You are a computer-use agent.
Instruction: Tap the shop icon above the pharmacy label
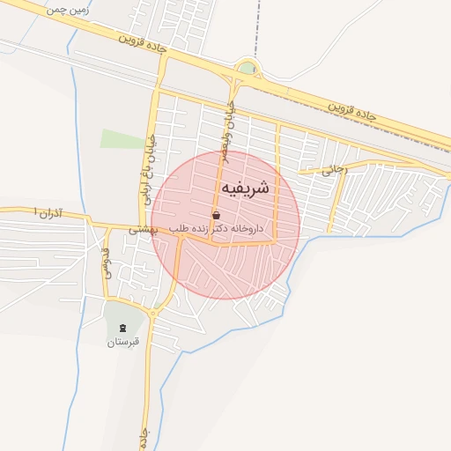point(217,215)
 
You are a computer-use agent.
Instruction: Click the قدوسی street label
point(106,262)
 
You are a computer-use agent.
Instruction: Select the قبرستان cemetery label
point(123,342)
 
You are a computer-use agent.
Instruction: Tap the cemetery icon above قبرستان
point(123,329)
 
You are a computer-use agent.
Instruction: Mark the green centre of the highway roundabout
point(248,68)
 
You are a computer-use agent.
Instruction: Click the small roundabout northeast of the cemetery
point(152,313)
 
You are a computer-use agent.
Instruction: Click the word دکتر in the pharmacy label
point(233,228)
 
